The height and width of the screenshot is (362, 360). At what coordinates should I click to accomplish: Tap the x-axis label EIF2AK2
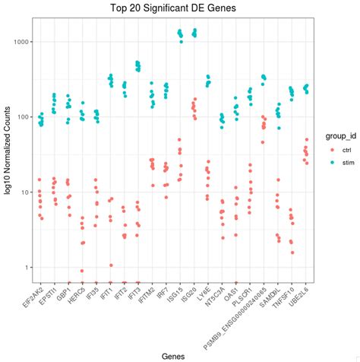click(33, 301)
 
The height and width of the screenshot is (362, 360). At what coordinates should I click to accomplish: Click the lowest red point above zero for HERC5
click(82, 271)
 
